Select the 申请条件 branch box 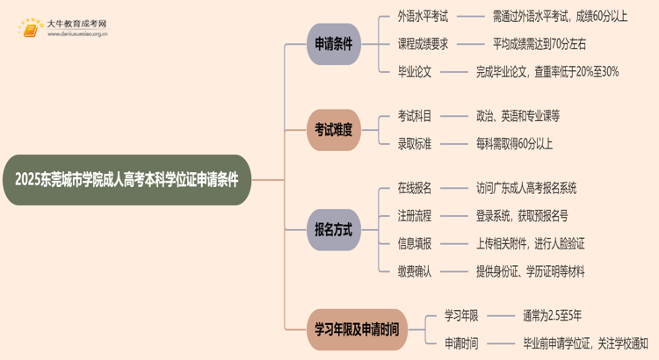334,44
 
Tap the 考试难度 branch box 334,130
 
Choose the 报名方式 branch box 334,230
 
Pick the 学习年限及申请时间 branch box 357,330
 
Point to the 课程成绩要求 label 423,44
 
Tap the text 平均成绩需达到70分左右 540,44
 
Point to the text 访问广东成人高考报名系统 526,188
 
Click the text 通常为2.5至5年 540,316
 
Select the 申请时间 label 460,344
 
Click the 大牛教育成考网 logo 62,28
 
